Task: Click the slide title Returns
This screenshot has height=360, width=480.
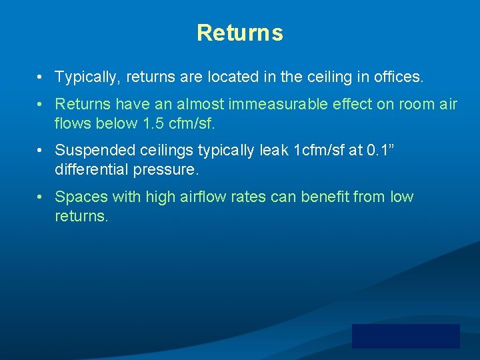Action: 239,33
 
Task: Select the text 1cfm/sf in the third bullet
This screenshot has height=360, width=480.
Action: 317,151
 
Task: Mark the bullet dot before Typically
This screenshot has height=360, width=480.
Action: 41,77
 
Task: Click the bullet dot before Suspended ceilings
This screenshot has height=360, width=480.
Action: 41,151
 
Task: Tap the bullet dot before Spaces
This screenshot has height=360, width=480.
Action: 41,197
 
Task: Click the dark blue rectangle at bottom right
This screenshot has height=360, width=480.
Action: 405,336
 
